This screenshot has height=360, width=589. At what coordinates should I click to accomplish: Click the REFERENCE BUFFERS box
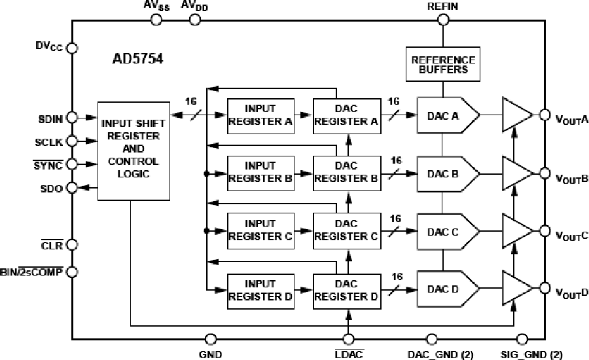point(443,64)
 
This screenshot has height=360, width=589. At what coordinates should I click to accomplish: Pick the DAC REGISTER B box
point(346,172)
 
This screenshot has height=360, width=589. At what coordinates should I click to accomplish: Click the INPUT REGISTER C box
point(260,230)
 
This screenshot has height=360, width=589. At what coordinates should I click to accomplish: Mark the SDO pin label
point(52,188)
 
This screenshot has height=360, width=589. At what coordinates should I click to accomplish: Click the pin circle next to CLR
point(73,245)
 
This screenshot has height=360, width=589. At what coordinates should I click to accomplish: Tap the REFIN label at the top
point(443,7)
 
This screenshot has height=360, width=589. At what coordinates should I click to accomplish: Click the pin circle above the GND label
point(211,339)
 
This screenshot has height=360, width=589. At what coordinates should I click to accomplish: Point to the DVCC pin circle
point(73,48)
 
